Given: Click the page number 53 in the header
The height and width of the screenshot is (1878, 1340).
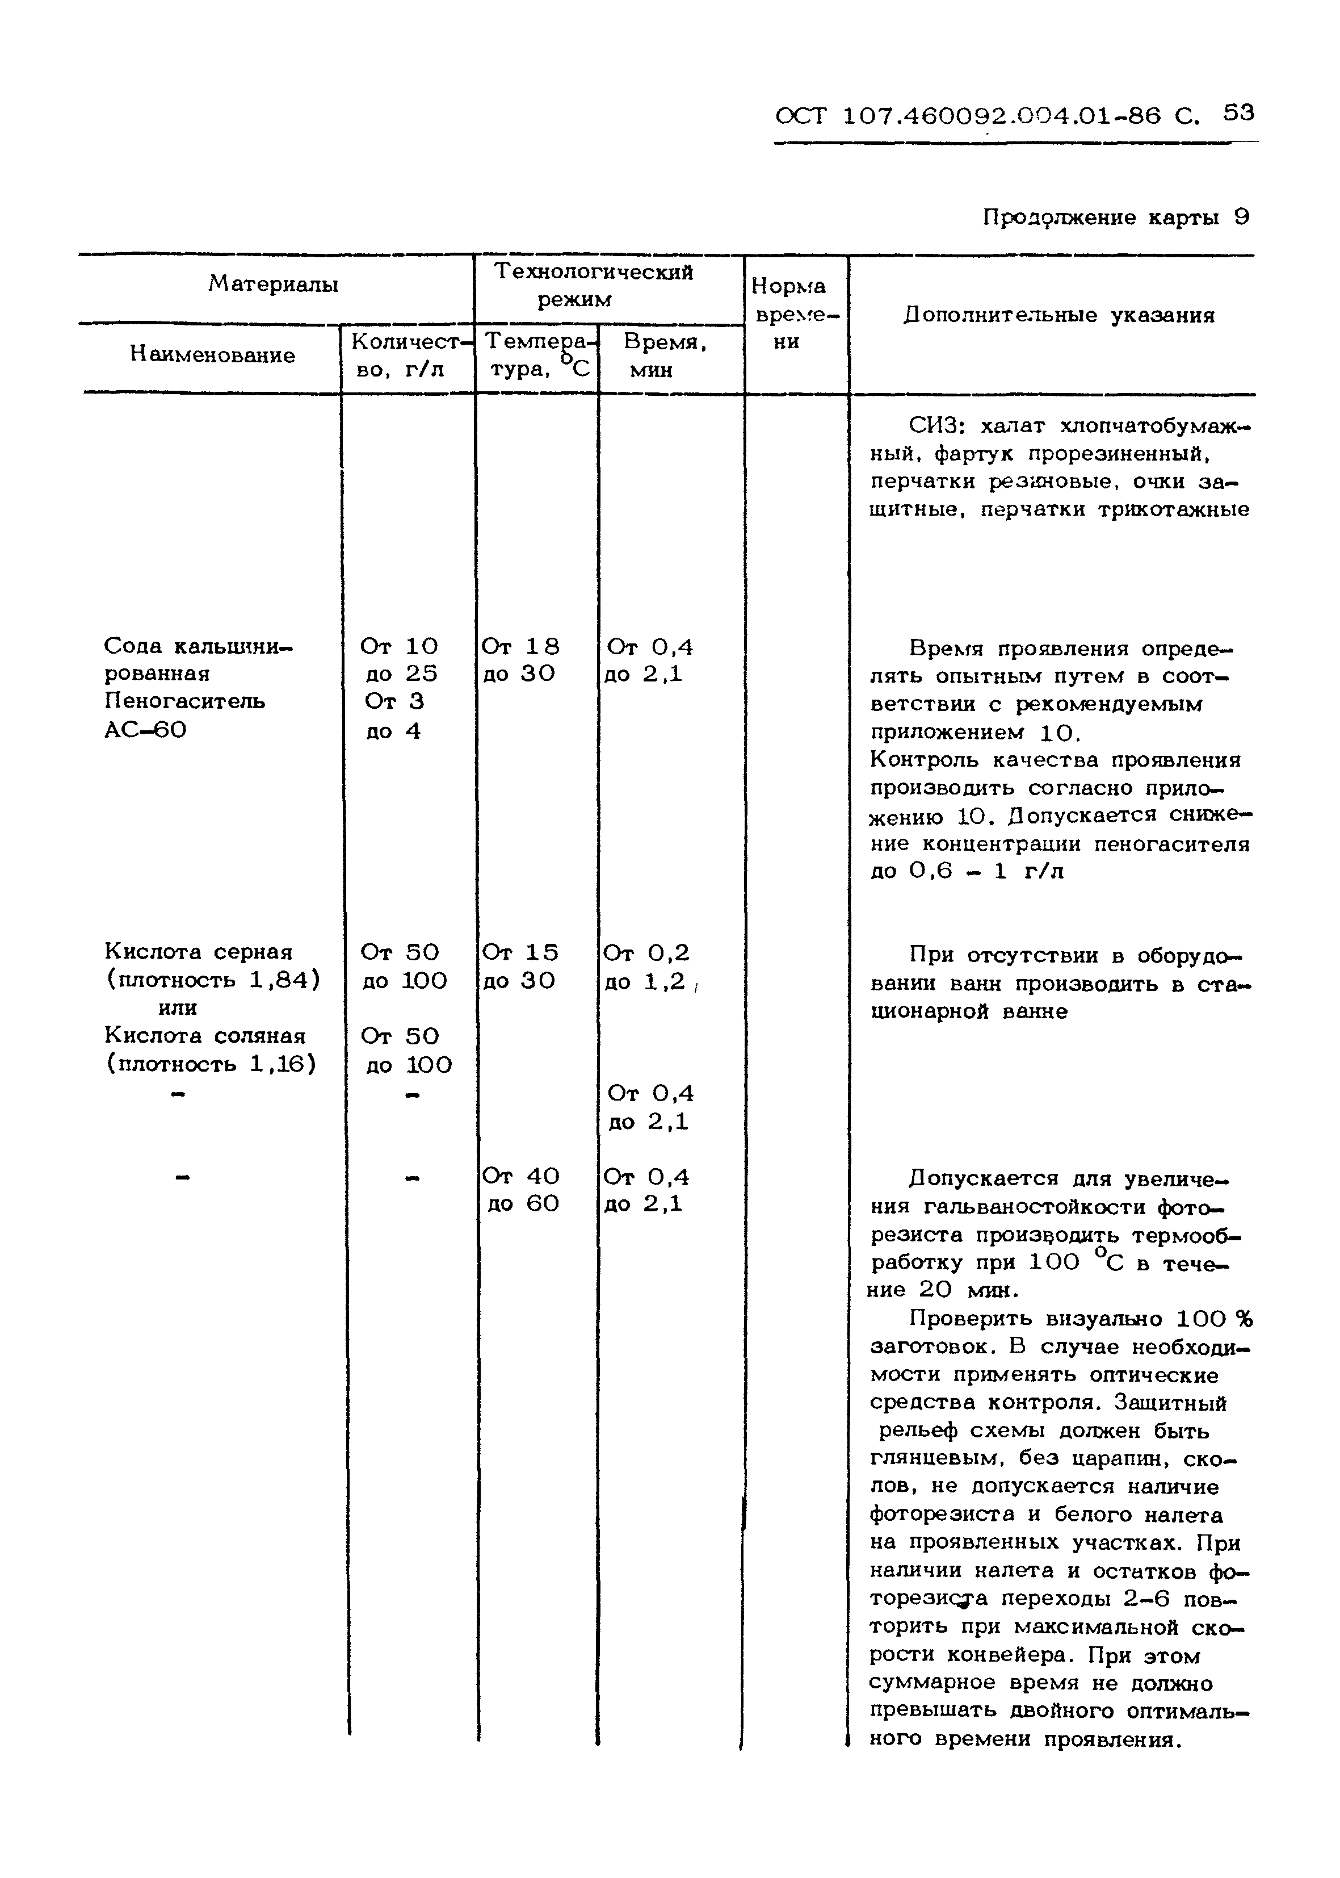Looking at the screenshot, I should point(1238,112).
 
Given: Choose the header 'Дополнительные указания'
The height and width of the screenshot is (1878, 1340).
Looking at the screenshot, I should point(1058,315).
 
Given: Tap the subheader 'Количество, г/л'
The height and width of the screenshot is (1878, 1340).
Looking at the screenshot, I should point(408,356).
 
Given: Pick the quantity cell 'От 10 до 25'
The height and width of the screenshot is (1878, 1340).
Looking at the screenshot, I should point(400,659).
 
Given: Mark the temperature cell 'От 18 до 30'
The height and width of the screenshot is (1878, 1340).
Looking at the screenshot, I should point(520,659).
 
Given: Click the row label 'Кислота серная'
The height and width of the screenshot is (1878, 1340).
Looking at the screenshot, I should point(198,952).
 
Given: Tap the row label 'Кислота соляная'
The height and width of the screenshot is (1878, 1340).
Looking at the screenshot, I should point(205,1036).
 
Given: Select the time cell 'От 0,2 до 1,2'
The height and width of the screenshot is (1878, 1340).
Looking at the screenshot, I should point(647,967).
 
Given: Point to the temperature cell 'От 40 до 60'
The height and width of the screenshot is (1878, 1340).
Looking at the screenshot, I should point(522,1190).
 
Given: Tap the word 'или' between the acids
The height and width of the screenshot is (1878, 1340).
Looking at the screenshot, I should point(178,1008).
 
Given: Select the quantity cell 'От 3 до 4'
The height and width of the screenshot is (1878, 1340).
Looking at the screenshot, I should point(394,716).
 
